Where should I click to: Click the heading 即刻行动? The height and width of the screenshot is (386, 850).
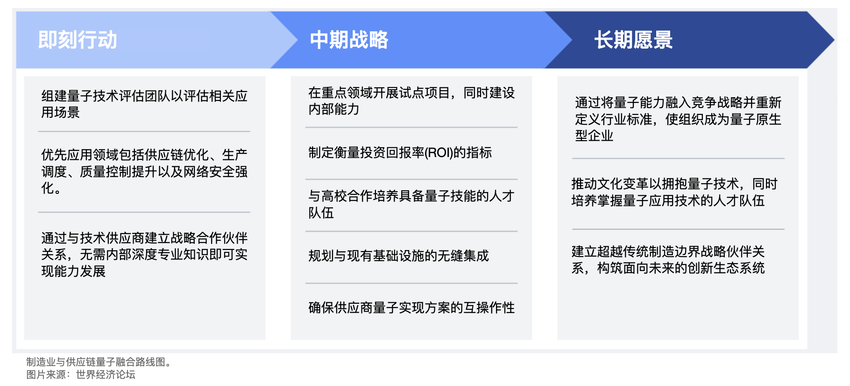tap(78, 40)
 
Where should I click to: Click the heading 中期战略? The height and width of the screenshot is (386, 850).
tap(349, 40)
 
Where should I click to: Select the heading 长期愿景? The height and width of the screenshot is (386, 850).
tap(633, 40)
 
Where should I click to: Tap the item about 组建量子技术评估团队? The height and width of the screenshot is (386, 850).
tap(144, 104)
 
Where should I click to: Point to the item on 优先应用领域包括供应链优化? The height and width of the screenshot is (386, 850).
tap(144, 172)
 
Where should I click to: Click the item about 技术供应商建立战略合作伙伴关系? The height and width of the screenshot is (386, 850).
tap(144, 254)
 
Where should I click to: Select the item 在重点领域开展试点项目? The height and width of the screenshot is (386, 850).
tap(411, 101)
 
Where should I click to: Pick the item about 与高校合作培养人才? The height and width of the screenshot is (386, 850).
tap(411, 204)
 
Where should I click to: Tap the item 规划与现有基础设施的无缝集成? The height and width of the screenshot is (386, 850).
tap(398, 256)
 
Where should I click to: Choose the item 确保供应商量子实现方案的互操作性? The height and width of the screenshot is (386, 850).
tap(411, 307)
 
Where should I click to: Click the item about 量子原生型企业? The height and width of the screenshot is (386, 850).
tap(678, 119)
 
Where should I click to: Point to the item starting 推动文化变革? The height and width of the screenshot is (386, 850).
tap(674, 192)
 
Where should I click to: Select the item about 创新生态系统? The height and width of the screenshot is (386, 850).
tap(668, 260)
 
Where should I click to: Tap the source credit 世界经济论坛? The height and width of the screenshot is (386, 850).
tap(106, 375)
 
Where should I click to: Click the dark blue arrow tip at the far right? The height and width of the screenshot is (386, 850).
tap(834, 40)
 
